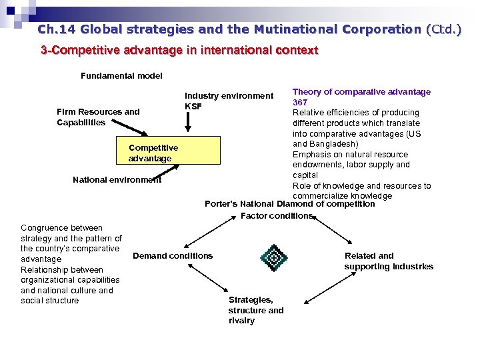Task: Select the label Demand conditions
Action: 173,256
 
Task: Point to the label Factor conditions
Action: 276,216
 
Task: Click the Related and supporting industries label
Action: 389,261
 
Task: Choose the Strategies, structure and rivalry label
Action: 256,310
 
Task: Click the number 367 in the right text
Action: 300,102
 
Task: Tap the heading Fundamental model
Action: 121,76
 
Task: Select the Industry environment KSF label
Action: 229,101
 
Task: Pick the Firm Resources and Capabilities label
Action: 98,117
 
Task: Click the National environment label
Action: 117,179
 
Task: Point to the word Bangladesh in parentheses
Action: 334,144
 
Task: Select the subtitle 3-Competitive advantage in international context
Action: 180,50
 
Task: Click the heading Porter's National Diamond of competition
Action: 289,204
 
